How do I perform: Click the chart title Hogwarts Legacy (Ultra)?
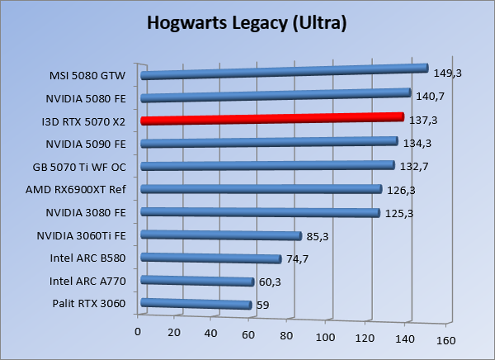[x=247, y=22]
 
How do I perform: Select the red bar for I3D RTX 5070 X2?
[x=272, y=119]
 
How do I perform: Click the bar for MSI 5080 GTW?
[x=285, y=72]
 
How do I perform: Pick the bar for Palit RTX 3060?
[x=196, y=304]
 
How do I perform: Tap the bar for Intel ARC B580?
[x=212, y=258]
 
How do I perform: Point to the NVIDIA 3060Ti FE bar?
[x=222, y=235]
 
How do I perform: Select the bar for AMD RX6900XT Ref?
[x=262, y=189]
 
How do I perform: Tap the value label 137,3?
[x=422, y=121]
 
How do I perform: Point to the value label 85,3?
[x=317, y=237]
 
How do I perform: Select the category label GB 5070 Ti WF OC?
[x=83, y=167]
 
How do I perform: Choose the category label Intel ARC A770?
[x=87, y=281]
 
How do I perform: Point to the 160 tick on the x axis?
[x=445, y=339]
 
